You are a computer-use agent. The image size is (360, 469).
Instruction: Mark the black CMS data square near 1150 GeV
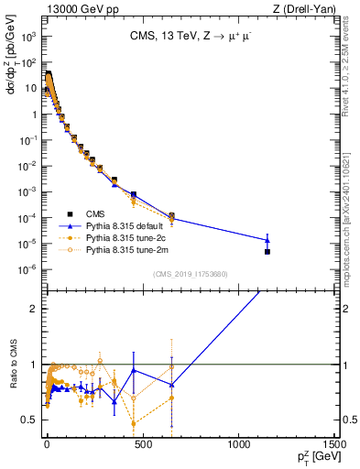267,251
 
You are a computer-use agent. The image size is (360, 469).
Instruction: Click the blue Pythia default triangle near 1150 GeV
267,240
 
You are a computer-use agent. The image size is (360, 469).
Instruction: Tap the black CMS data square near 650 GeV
171,216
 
